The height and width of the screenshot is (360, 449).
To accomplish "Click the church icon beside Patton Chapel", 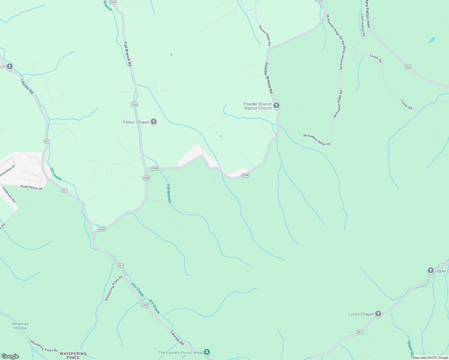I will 154,122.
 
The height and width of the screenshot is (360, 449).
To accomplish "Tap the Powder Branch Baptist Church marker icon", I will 276,106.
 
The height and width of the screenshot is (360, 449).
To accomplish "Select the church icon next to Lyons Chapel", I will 378,314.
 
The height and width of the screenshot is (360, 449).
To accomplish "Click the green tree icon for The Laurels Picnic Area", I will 206,352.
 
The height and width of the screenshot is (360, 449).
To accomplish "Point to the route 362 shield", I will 408,67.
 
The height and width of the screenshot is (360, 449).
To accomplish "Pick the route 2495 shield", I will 144,305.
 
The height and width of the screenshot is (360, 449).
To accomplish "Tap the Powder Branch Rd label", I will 269,78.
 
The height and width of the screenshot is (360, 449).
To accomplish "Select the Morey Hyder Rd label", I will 265,36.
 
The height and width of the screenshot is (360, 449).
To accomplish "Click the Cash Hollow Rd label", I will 363,25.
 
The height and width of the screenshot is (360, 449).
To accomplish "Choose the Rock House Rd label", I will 32,187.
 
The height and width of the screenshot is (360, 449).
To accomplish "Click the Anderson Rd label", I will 9,195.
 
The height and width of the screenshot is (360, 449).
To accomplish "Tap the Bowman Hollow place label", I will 20,326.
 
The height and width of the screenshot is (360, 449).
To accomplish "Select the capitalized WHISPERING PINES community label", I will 73,355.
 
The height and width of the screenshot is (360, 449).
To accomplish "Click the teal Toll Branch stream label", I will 169,193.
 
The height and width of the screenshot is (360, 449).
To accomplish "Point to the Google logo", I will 10,356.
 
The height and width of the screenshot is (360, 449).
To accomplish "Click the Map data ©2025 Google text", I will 430,358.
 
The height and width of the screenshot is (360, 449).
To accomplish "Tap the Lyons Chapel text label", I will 361,314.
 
